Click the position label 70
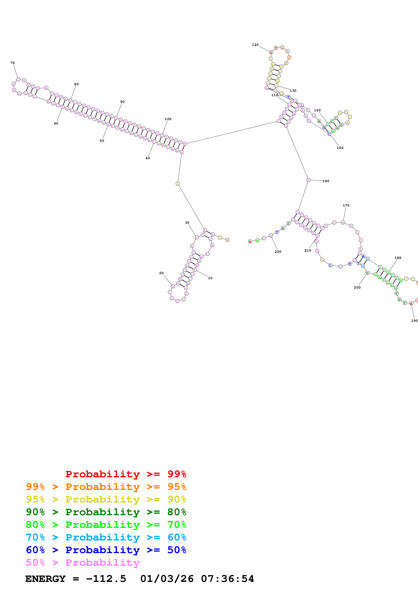(13, 63)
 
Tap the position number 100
(168, 119)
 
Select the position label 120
(255, 45)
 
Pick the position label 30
(187, 223)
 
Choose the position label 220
(278, 252)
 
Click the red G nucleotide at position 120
(271, 53)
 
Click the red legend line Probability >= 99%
(126, 474)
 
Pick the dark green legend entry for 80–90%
(106, 512)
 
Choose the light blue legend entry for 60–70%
(106, 537)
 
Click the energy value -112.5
(106, 579)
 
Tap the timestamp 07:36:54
(227, 579)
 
